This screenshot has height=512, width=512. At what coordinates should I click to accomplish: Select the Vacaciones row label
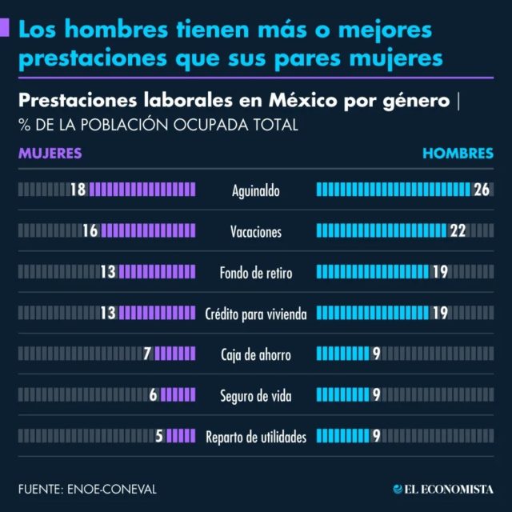(x=256, y=232)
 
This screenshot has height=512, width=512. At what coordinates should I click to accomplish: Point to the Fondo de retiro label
(x=256, y=273)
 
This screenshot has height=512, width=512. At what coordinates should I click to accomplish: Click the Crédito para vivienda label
(x=256, y=314)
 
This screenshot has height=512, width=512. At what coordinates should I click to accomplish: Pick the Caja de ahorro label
(x=256, y=354)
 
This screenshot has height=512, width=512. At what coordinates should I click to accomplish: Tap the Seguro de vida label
(x=256, y=395)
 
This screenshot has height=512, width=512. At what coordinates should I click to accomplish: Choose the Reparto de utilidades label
(x=256, y=437)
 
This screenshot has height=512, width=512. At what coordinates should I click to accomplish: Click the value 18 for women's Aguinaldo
(x=78, y=190)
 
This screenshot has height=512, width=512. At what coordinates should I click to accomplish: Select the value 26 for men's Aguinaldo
(x=481, y=190)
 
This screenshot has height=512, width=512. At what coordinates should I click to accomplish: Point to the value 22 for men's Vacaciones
(x=458, y=231)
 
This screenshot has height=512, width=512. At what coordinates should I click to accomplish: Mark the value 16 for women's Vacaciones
(x=89, y=231)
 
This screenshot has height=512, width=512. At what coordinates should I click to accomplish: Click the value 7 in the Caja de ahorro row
(x=147, y=354)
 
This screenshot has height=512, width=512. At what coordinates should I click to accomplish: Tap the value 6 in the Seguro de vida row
(x=153, y=394)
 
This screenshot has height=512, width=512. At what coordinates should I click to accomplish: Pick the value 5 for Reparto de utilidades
(x=159, y=436)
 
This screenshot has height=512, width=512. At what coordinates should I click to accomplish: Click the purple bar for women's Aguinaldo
(x=142, y=190)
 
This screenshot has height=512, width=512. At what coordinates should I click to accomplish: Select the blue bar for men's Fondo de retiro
(x=373, y=272)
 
